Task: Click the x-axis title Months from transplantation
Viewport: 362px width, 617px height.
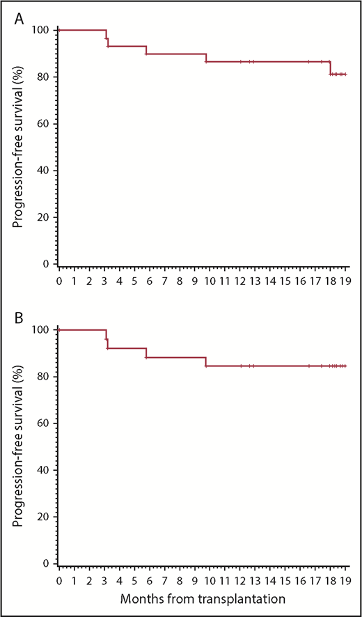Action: pyautogui.click(x=203, y=597)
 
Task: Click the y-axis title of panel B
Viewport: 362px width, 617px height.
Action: pyautogui.click(x=16, y=448)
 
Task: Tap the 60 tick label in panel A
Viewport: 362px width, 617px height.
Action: pyautogui.click(x=43, y=124)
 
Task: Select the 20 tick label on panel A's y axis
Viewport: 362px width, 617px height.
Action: pyautogui.click(x=43, y=217)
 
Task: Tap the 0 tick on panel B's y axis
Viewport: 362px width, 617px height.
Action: pyautogui.click(x=46, y=563)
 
